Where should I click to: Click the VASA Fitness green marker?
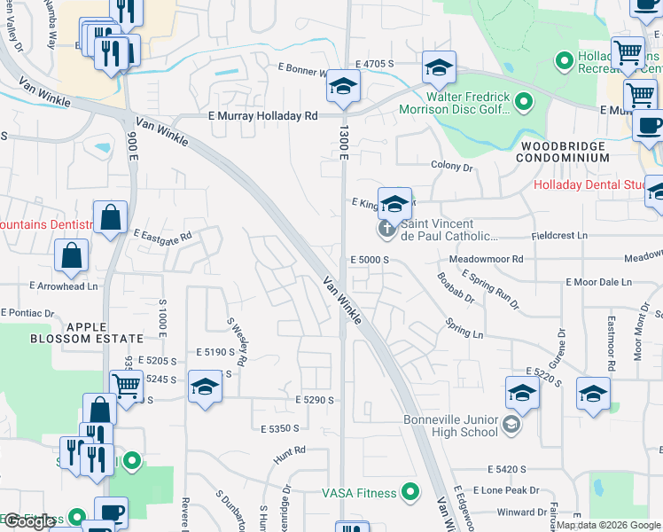coord(409,490)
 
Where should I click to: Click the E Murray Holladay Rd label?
coord(262,116)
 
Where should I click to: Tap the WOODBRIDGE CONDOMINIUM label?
coord(564,152)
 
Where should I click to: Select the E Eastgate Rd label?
coord(163,235)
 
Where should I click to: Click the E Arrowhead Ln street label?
coord(63,286)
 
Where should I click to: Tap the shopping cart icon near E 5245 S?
coord(127,386)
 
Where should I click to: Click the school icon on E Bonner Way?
coord(343,86)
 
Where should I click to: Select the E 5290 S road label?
coord(315,401)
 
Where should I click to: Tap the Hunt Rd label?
coord(289,451)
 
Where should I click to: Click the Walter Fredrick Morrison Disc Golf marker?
coord(523,104)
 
